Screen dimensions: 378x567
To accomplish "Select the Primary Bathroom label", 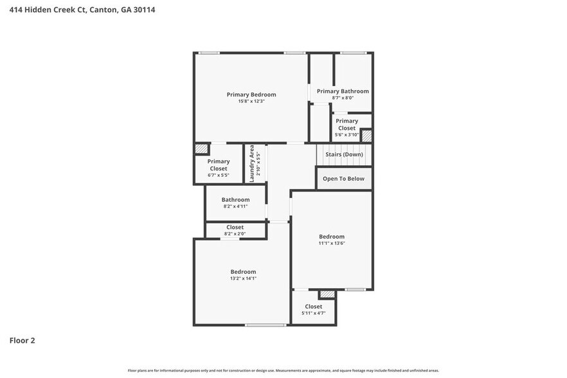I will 343,91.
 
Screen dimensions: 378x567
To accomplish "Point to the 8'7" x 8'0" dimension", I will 343,98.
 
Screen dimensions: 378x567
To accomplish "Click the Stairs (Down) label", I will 344,154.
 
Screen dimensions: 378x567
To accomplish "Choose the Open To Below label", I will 343,179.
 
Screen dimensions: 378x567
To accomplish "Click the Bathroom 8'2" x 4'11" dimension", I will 235,206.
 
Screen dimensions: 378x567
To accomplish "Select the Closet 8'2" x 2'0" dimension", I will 235,234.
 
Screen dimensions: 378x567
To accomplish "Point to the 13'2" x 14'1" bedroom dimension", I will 243,278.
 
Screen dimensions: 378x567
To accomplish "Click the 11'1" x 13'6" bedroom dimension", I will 332,244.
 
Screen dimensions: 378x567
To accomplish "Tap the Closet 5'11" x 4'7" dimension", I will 314,313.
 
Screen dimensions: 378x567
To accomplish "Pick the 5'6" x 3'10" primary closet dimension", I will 346,135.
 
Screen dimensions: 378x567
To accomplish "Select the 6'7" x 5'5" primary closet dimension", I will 219,175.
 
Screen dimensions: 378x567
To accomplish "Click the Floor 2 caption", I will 22,340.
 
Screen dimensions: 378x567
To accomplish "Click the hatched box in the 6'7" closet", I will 202,148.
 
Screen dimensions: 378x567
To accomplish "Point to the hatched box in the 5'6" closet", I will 366,136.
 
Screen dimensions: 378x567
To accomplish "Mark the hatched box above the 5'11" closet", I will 327,294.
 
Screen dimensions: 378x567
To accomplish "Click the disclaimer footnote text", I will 283,370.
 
